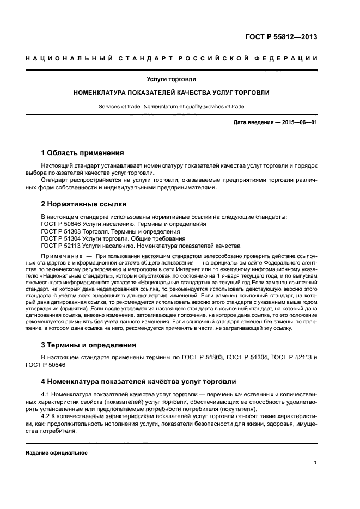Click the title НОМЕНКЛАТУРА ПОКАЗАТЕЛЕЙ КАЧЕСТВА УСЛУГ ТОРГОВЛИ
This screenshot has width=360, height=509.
pos(172,93)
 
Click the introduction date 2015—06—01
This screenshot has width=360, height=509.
pos(298,122)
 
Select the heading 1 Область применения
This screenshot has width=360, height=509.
pos(82,152)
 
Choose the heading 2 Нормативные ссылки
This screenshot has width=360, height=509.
pos(84,204)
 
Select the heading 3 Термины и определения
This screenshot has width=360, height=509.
pos(89,345)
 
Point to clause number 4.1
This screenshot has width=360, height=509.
pos(46,394)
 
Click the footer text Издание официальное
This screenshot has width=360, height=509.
pos(57,453)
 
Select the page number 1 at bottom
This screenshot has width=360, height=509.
pos(315,463)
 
